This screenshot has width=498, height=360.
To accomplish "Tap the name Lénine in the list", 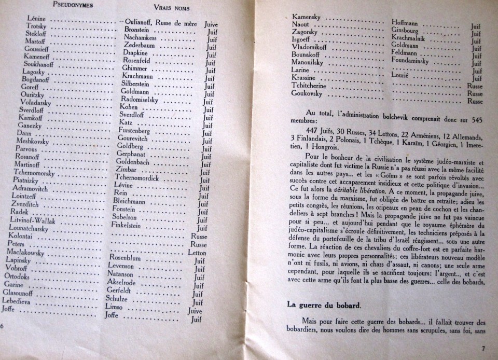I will [37, 19].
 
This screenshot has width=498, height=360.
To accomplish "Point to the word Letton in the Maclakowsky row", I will [197, 253].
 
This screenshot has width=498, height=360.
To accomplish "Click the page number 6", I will [3, 325].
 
